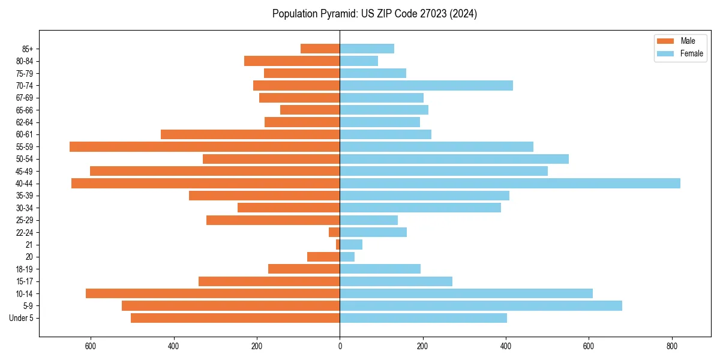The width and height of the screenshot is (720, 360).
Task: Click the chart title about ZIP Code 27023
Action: click(x=374, y=14)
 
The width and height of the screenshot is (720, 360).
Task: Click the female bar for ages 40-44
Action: click(x=510, y=183)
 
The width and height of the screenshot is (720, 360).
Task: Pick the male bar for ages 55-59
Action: click(x=205, y=146)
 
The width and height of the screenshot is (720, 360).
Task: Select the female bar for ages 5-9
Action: click(x=481, y=305)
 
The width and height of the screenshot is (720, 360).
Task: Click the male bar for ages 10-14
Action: click(x=212, y=293)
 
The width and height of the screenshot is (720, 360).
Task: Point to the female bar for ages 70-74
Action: click(x=426, y=85)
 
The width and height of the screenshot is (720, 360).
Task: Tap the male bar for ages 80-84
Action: click(x=292, y=61)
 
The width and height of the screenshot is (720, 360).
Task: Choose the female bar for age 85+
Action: click(x=367, y=49)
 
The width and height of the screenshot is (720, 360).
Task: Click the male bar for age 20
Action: click(x=323, y=257)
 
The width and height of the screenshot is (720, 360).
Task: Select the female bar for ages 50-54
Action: click(x=454, y=159)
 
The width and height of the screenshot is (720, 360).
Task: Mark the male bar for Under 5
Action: click(x=235, y=318)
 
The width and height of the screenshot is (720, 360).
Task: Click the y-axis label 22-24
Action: click(x=25, y=232)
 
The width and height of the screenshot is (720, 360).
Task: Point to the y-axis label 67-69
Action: click(x=25, y=98)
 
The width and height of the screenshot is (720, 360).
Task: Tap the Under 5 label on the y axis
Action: click(x=22, y=318)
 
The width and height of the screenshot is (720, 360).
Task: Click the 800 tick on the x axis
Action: click(x=672, y=346)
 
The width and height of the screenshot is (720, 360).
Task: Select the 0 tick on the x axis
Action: click(x=340, y=346)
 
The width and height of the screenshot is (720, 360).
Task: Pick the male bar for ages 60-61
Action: click(x=250, y=134)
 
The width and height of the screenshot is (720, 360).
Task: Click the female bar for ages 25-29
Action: click(x=368, y=220)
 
